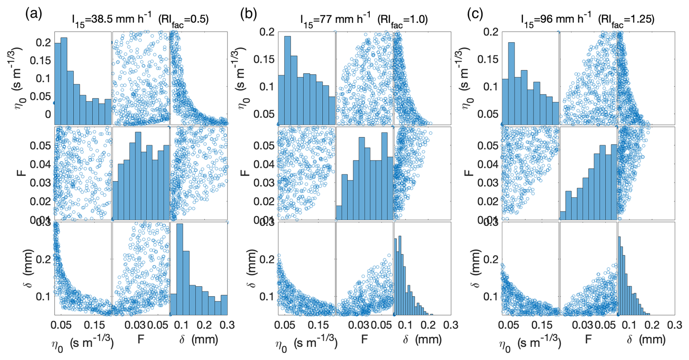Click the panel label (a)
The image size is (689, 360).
tap(34, 14)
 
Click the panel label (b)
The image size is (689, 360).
tap(249, 14)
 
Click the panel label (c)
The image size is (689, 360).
tap(475, 14)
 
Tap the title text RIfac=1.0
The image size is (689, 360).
tap(403, 19)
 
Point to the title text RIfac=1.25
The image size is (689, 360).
tap(626, 19)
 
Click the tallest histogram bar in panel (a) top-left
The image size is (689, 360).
tap(64, 81)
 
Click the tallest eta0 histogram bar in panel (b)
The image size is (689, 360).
tap(287, 80)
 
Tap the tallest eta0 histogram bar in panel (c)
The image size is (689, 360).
tap(511, 83)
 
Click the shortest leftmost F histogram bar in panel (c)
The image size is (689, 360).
tap(563, 216)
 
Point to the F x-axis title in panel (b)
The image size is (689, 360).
tap(365, 340)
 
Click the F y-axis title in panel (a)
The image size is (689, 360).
tap(23, 171)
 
